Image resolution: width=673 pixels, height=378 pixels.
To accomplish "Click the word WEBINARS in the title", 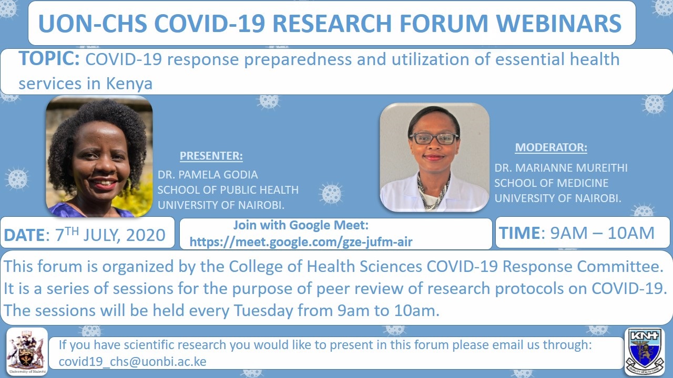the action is (558, 23).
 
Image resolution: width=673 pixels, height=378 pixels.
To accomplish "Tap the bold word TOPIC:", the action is (49, 58).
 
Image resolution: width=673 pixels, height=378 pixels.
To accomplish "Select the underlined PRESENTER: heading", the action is (211, 156).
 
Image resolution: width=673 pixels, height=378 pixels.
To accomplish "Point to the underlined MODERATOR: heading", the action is (551, 148).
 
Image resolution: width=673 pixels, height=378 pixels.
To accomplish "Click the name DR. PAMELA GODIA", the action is (208, 175).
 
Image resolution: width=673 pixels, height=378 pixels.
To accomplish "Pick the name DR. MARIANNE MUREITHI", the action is (561, 168).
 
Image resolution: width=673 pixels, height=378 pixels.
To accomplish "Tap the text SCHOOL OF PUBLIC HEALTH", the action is (228, 190).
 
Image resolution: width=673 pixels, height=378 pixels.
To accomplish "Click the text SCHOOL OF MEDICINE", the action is (552, 183).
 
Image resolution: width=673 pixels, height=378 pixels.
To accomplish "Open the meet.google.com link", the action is (301, 241).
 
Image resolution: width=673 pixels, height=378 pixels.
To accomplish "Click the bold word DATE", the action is (24, 235).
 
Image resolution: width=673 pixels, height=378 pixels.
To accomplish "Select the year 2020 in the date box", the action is (146, 235).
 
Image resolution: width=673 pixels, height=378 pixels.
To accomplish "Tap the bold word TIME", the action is (520, 233).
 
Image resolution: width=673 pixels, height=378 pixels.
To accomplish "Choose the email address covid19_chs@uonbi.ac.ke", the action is (132, 362).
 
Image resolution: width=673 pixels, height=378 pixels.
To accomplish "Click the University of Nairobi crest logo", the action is (27, 351).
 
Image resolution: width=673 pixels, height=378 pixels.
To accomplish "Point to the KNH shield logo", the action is (645, 351).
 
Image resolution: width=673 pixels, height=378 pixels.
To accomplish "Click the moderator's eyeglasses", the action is (434, 138).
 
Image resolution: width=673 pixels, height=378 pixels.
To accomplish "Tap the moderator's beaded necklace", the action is (433, 192).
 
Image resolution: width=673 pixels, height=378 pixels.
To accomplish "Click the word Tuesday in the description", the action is (263, 310).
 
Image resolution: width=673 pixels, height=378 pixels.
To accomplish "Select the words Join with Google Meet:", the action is (301, 225).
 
